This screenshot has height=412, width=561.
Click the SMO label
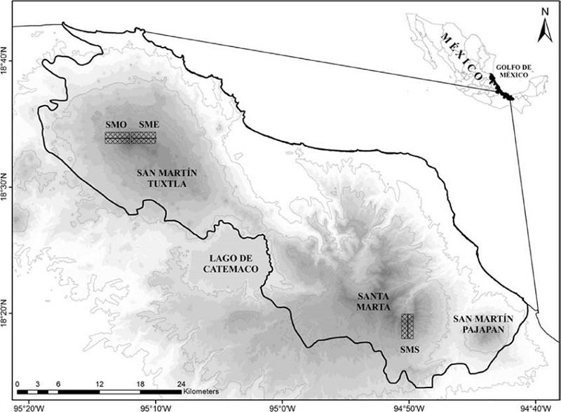116,124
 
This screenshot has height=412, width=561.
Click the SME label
148,124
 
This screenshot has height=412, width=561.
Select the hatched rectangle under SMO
117,137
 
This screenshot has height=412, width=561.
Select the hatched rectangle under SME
144,137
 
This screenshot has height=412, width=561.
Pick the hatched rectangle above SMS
407,327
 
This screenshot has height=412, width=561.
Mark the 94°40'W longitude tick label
535,405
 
